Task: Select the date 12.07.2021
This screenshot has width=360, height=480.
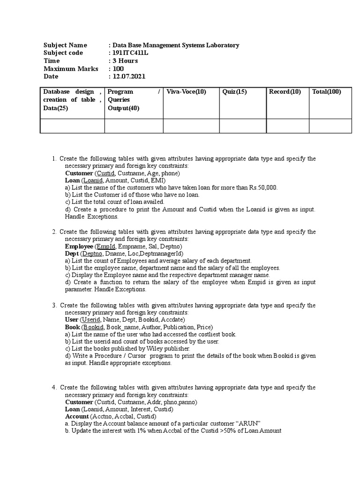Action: tap(128, 76)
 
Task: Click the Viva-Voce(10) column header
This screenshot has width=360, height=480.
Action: tap(186, 92)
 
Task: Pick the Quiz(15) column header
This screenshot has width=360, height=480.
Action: tap(234, 92)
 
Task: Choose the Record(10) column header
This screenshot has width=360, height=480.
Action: tap(285, 92)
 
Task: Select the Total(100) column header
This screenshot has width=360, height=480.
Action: tap(327, 92)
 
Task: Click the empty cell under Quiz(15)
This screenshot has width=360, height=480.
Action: tap(242, 126)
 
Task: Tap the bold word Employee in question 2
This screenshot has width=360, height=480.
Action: tap(79, 247)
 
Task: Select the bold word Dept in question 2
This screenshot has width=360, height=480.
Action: tap(72, 254)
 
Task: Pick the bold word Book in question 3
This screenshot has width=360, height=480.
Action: tap(72, 327)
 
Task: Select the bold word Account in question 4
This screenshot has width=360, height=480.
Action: tap(77, 416)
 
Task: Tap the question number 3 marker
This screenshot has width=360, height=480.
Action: tap(54, 305)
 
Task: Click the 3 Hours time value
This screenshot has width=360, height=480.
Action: tap(125, 61)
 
